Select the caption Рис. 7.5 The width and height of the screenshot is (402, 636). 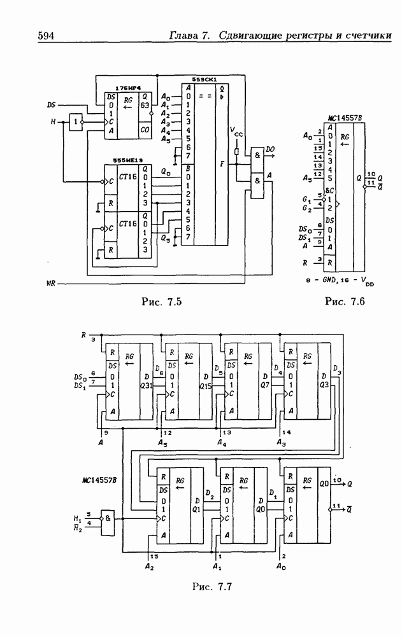tap(161, 301)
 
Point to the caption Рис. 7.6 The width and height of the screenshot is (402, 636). tap(344, 301)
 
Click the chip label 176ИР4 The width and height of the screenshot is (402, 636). tap(128, 87)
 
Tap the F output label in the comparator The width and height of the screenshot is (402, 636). tap(221, 163)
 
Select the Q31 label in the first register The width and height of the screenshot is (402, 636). tap(145, 386)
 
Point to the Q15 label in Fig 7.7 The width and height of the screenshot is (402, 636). tap(205, 386)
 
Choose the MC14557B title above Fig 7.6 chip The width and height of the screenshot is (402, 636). tap(344, 118)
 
